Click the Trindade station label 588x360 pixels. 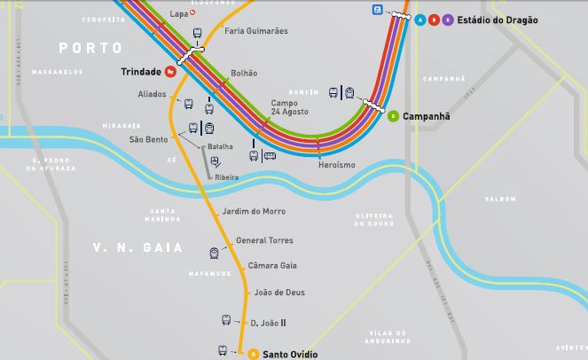(141, 72)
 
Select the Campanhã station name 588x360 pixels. (426, 116)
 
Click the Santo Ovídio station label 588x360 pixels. (290, 355)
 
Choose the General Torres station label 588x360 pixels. (264, 240)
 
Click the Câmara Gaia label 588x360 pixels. (271, 266)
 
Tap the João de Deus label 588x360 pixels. (279, 292)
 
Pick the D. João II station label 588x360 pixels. (268, 323)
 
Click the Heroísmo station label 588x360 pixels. (336, 166)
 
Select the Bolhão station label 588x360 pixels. (244, 74)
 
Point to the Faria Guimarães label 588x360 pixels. (256, 31)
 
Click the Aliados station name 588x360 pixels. (152, 94)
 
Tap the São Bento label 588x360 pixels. (148, 139)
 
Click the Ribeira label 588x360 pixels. (227, 177)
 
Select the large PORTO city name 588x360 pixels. (89, 46)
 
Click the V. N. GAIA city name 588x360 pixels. (137, 247)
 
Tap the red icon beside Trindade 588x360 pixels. (169, 72)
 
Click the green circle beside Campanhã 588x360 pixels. (393, 116)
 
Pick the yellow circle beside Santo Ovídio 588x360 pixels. (253, 355)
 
